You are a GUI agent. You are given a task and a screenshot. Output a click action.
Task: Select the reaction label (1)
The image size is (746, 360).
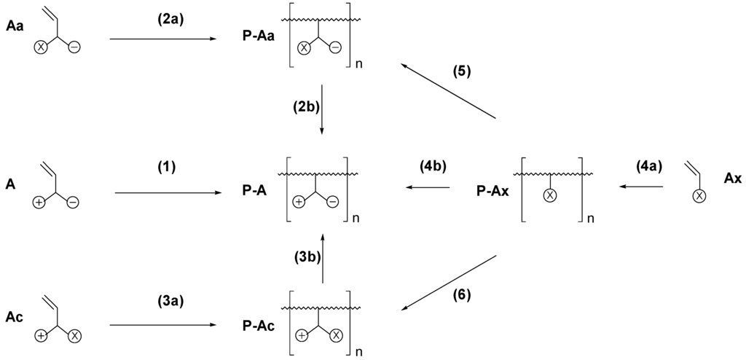coord(167,167)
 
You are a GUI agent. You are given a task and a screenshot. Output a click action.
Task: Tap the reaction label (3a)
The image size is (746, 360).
coord(167,299)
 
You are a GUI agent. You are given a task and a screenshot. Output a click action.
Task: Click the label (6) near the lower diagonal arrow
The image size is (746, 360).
coord(461,295)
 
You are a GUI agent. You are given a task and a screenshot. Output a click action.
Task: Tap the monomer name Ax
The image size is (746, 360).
coord(732,177)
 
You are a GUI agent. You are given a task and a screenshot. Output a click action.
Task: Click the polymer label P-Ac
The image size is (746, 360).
coord(258,325)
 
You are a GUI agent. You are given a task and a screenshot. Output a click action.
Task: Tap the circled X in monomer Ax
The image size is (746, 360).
coord(698,196)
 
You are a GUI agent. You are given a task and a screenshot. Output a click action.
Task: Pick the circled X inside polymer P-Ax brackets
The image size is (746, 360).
coord(551,195)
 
